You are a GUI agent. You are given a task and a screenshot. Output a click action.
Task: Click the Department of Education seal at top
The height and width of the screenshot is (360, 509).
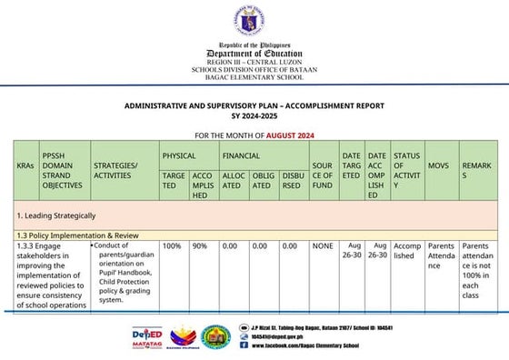click(254, 20)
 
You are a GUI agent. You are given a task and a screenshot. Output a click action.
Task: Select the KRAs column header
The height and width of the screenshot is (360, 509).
click(25, 165)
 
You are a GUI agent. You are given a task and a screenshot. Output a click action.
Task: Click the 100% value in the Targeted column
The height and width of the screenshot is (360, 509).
click(171, 246)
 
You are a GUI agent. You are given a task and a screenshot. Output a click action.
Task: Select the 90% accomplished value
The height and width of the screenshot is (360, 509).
click(200, 246)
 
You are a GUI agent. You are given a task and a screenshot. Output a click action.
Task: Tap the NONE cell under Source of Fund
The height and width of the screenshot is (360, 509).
click(322, 246)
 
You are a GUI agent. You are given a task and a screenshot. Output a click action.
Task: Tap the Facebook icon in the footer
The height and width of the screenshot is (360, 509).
click(244, 345)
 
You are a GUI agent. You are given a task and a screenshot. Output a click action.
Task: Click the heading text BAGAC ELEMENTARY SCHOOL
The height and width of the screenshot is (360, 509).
click(254, 77)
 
